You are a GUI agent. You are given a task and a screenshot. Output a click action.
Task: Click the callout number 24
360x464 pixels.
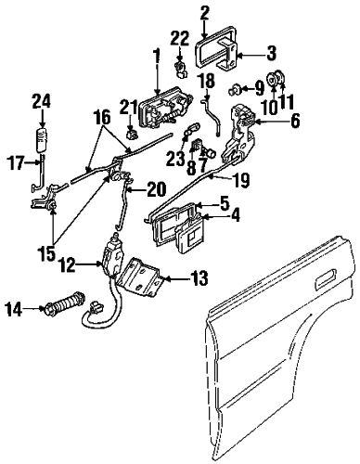[40, 102]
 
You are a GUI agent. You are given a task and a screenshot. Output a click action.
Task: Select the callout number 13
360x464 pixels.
[198, 277]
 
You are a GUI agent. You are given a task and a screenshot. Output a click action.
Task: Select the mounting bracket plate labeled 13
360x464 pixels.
[146, 272]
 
